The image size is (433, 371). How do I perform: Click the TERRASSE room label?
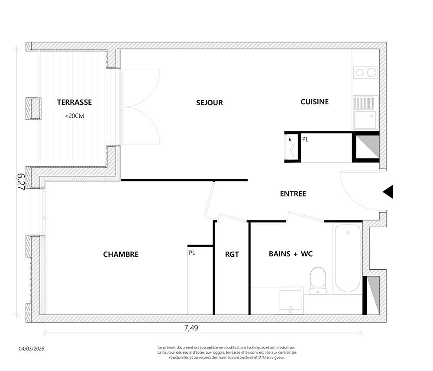click(x=74, y=102)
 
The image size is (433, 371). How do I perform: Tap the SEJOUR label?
click(x=209, y=103)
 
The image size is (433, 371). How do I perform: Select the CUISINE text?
click(x=314, y=102)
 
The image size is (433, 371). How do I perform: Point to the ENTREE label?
click(x=293, y=194)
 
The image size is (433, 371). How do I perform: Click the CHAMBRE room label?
click(x=121, y=254)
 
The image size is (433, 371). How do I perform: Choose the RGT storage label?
click(x=232, y=254)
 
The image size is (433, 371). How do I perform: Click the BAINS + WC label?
click(x=291, y=254)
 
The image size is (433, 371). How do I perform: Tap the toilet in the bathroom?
click(x=318, y=280)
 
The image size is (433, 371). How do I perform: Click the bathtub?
click(x=348, y=258)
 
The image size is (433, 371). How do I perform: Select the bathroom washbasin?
click(x=291, y=300)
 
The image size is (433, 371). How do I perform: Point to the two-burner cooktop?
click(x=365, y=72)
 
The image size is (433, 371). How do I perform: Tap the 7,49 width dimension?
click(x=191, y=328)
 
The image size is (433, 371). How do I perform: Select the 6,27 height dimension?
click(x=21, y=182)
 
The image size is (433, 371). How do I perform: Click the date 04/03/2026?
click(x=32, y=348)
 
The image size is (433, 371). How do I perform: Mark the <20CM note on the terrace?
click(x=74, y=116)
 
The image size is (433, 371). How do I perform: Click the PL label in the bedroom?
click(x=192, y=253)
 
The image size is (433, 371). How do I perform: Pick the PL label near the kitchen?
click(x=305, y=139)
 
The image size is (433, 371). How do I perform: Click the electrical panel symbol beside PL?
click(x=291, y=148)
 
